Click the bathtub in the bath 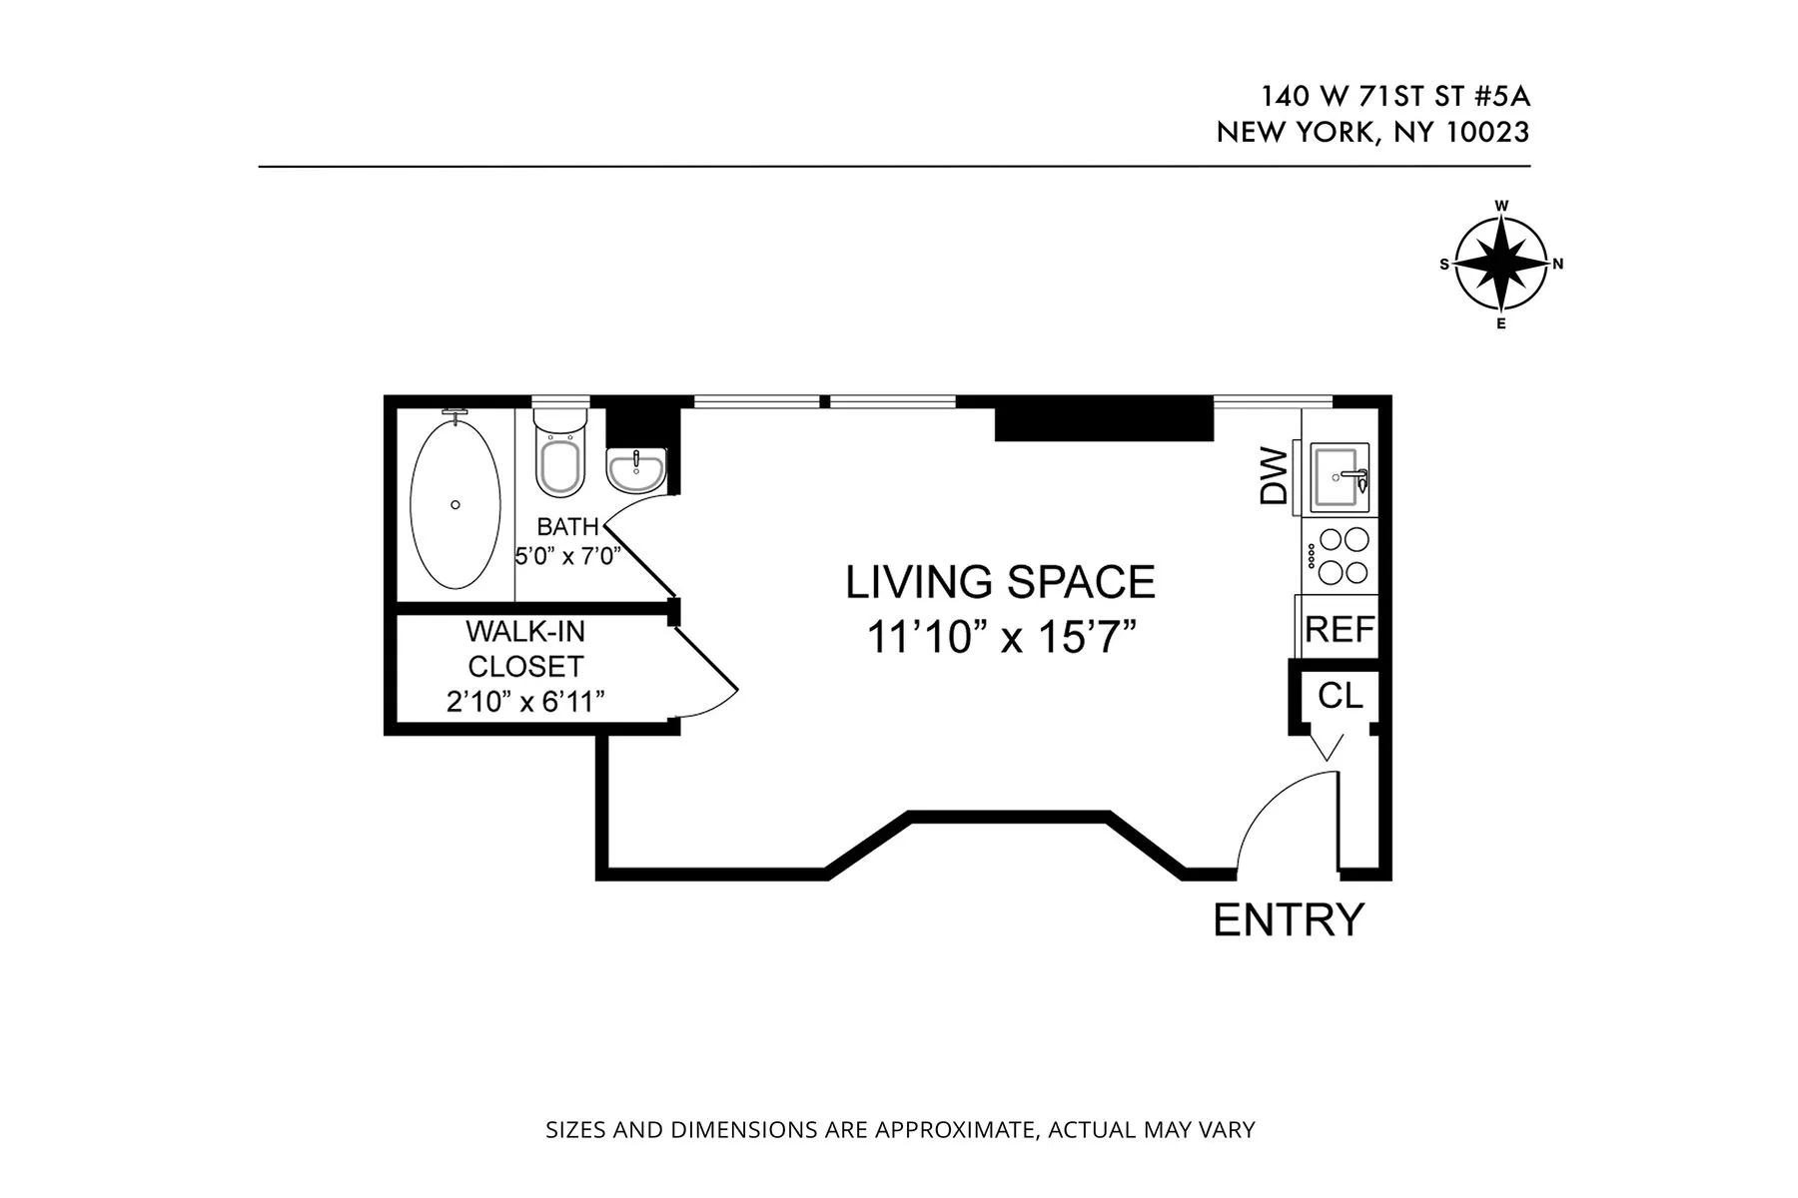click(x=455, y=504)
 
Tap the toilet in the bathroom click(x=559, y=454)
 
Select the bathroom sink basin click(x=635, y=469)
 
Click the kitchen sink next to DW click(x=1341, y=475)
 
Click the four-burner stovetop click(x=1343, y=555)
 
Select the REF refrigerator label click(x=1340, y=630)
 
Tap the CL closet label click(x=1340, y=696)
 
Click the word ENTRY click(x=1288, y=919)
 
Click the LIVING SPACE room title click(x=1000, y=582)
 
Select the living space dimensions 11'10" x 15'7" click(x=1002, y=637)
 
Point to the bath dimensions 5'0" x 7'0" click(x=567, y=556)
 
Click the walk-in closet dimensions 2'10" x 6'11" click(x=525, y=702)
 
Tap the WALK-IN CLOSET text click(x=525, y=649)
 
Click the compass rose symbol click(x=1500, y=265)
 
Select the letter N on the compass click(x=1557, y=265)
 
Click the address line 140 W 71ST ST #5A click(x=1394, y=97)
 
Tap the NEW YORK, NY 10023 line click(x=1372, y=132)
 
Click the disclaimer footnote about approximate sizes click(x=899, y=1130)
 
